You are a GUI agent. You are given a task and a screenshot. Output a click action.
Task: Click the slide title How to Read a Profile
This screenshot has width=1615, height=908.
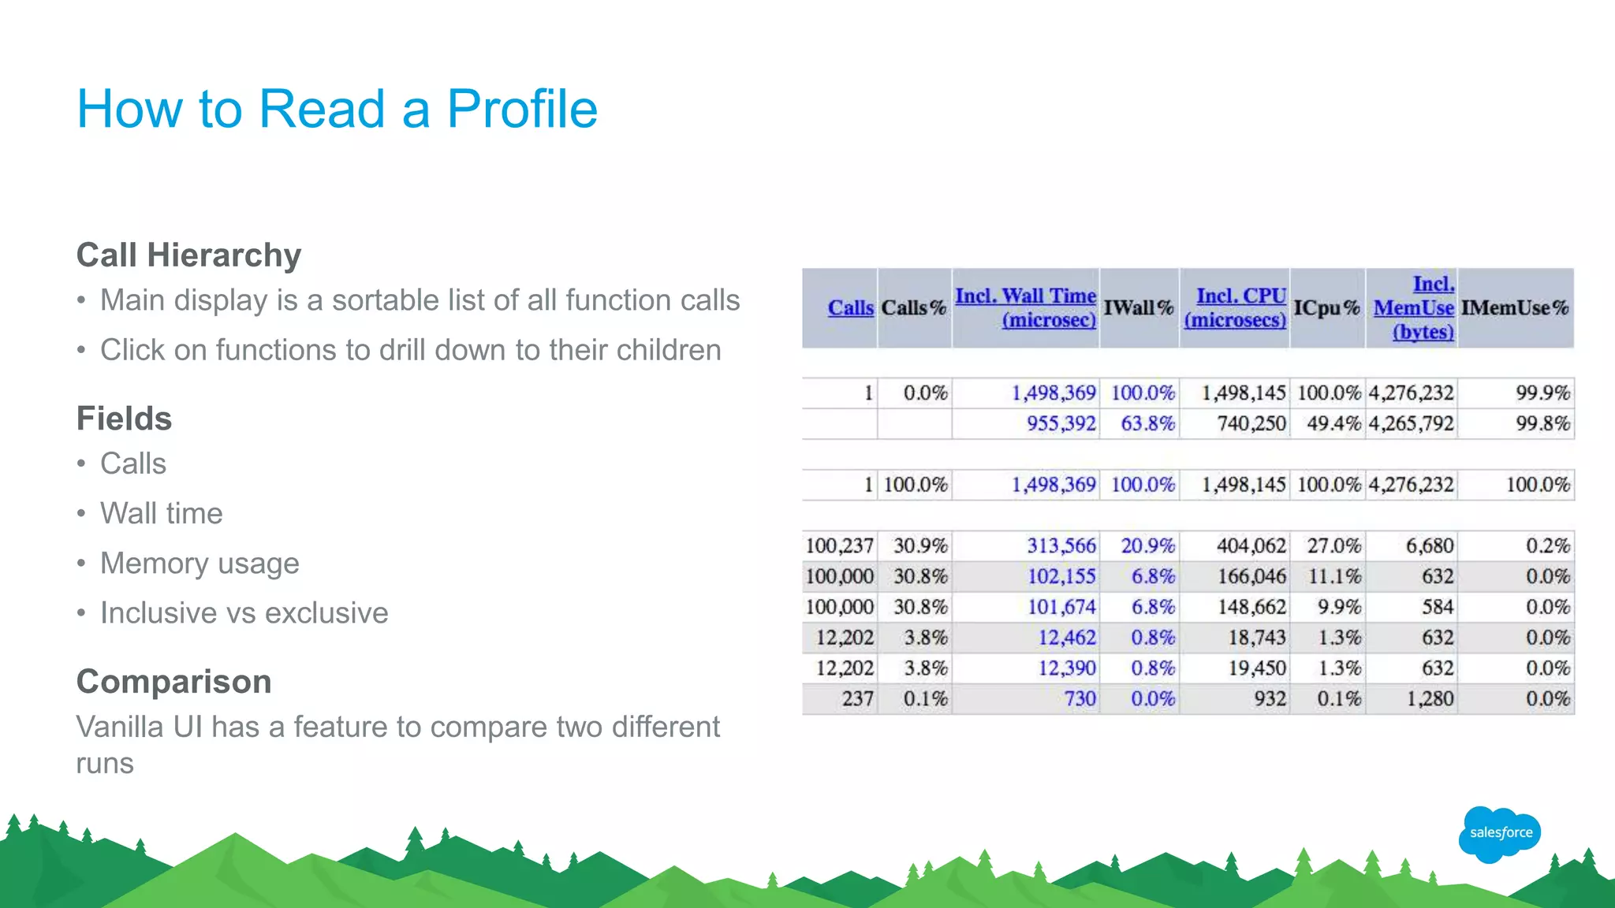pyautogui.click(x=337, y=109)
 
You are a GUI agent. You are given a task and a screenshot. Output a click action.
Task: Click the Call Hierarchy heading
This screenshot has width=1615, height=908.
pyautogui.click(x=188, y=255)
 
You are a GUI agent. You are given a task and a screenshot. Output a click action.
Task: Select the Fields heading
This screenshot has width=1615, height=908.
pyautogui.click(x=124, y=419)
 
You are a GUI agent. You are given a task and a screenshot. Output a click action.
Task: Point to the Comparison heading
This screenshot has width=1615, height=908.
pyautogui.click(x=173, y=682)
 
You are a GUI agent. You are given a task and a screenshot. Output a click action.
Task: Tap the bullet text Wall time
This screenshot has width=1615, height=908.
pyautogui.click(x=161, y=514)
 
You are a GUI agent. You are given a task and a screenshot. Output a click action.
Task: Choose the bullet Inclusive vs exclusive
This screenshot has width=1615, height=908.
pyautogui.click(x=244, y=613)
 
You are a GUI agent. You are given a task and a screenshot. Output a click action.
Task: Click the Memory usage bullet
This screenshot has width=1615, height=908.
pyautogui.click(x=200, y=564)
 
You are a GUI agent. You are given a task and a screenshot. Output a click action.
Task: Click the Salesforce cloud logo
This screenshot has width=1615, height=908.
pyautogui.click(x=1500, y=833)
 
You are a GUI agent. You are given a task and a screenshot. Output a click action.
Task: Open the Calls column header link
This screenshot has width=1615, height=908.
pyautogui.click(x=850, y=308)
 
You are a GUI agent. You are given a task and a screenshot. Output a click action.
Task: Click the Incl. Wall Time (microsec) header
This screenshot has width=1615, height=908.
pyautogui.click(x=1025, y=307)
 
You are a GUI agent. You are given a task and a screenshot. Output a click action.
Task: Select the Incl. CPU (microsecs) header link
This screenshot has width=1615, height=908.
pyautogui.click(x=1236, y=307)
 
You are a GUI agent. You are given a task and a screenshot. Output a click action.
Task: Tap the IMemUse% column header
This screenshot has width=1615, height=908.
pyautogui.click(x=1514, y=308)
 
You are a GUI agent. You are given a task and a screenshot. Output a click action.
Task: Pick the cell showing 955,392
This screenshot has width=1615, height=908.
pyautogui.click(x=1061, y=424)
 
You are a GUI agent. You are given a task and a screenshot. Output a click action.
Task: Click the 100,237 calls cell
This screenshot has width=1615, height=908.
pyautogui.click(x=839, y=546)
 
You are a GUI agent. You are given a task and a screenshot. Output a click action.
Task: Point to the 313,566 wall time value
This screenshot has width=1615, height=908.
pyautogui.click(x=1061, y=546)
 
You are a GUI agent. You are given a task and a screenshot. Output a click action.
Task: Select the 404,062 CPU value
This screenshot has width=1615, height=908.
pyautogui.click(x=1251, y=546)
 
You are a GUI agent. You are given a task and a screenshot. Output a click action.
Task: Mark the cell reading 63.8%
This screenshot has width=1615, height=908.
pyautogui.click(x=1147, y=424)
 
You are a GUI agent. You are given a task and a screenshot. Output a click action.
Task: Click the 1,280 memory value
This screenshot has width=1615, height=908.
pyautogui.click(x=1430, y=699)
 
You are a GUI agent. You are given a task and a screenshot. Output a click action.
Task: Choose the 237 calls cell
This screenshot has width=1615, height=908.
pyautogui.click(x=857, y=699)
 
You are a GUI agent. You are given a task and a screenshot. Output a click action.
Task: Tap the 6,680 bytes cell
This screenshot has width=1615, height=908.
pyautogui.click(x=1429, y=546)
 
